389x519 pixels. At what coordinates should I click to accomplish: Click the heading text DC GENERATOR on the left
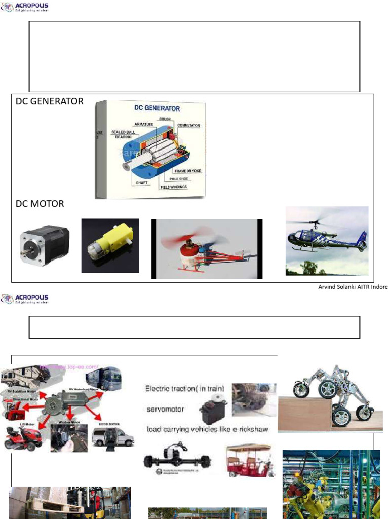point(50,101)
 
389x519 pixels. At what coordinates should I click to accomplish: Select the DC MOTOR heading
point(40,204)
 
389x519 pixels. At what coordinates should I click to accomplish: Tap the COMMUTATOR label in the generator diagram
point(188,125)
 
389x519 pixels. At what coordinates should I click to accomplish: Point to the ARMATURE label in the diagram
point(144,124)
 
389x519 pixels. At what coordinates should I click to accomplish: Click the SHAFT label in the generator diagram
point(142,182)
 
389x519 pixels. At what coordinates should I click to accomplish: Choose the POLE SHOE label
point(175,179)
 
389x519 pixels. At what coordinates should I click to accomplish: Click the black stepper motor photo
point(44,246)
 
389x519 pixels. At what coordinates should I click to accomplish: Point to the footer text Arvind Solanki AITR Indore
point(353,287)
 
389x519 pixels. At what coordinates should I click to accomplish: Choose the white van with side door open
point(112,436)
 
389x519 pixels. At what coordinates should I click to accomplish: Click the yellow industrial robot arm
point(304,487)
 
